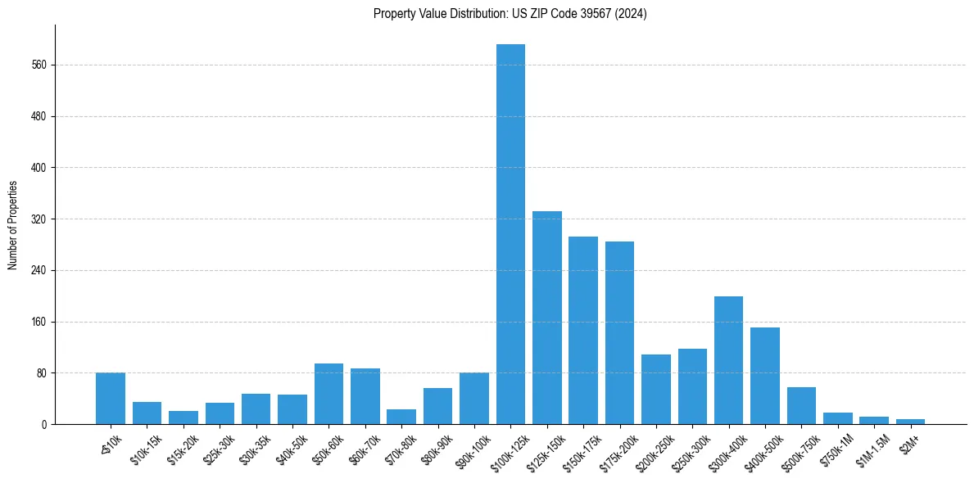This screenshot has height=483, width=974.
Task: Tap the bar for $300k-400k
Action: point(728,360)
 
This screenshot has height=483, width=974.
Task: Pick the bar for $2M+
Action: point(910,422)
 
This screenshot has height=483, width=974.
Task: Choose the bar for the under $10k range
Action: point(111,399)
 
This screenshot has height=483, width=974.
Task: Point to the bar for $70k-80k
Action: point(401,417)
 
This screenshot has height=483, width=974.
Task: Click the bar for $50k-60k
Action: point(328,394)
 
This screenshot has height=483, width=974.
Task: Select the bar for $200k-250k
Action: point(656,390)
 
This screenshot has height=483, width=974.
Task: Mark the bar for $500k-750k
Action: point(801,406)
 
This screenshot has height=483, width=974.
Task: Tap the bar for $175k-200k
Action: point(619,333)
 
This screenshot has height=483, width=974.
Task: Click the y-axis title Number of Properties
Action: point(12,224)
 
